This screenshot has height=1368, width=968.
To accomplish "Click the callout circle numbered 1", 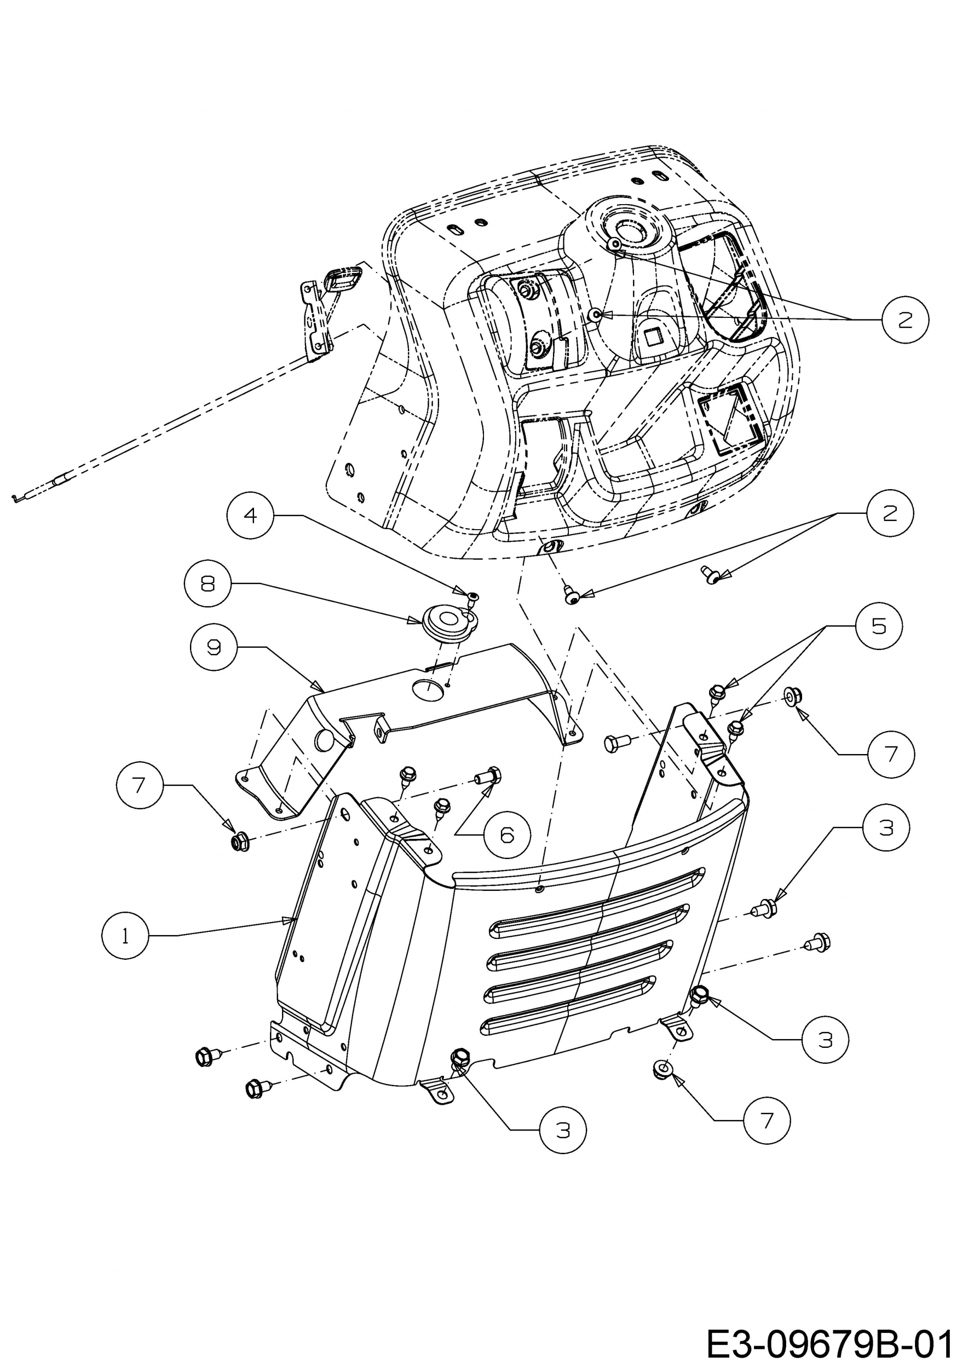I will tap(125, 936).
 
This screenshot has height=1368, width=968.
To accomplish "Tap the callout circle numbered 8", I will tap(207, 584).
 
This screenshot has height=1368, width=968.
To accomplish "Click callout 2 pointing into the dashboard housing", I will tap(906, 320).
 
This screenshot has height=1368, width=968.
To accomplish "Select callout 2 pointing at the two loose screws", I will tap(890, 513).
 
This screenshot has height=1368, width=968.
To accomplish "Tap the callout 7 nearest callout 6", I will tap(140, 785).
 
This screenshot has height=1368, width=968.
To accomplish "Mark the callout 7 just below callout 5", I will tap(890, 754).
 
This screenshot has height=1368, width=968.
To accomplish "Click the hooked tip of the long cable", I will tap(16, 496).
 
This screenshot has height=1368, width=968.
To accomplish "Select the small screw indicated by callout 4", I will tap(473, 596).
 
